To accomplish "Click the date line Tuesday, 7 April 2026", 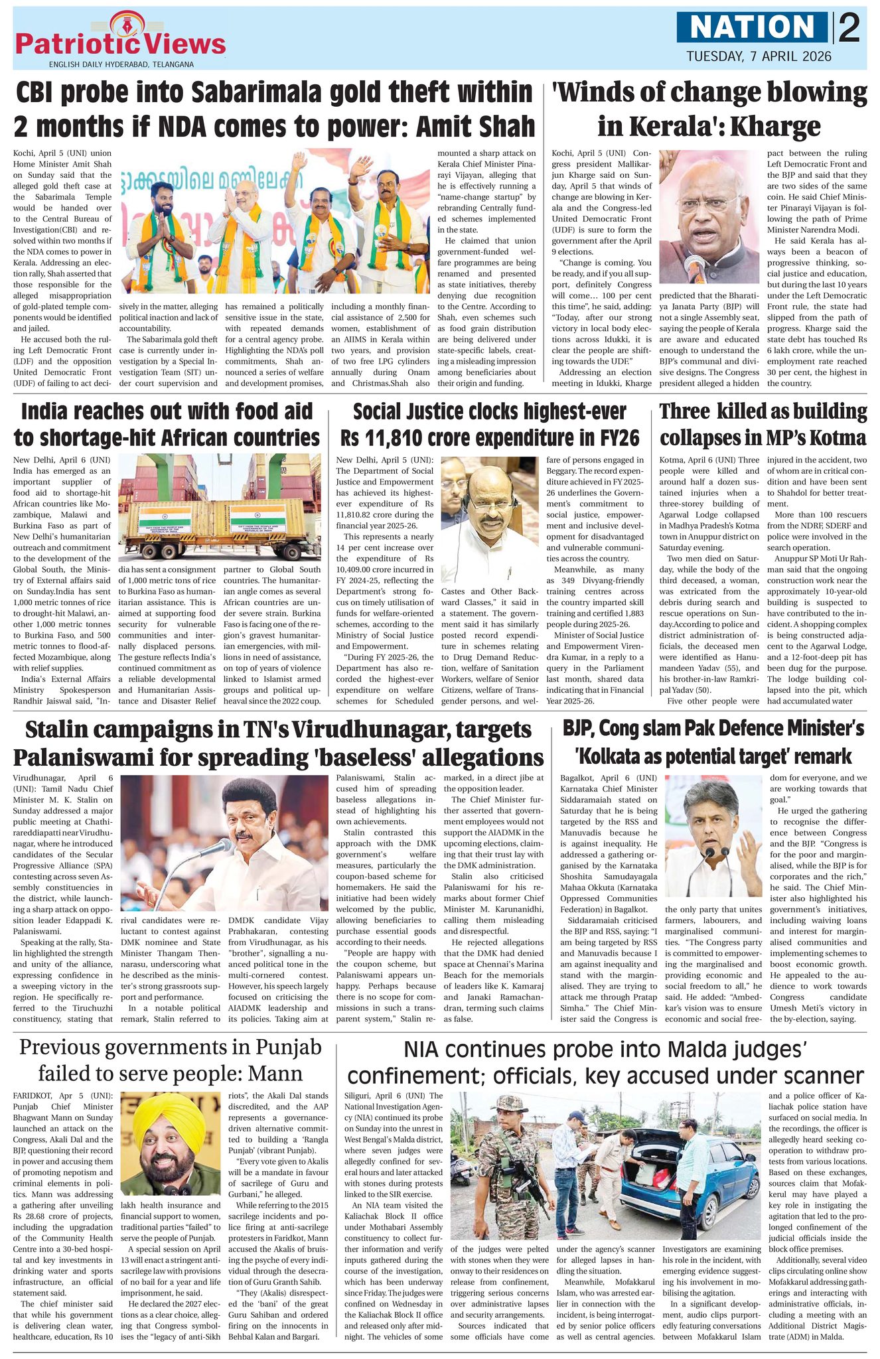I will tap(759, 56).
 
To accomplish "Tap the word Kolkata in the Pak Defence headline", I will tap(619, 756).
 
